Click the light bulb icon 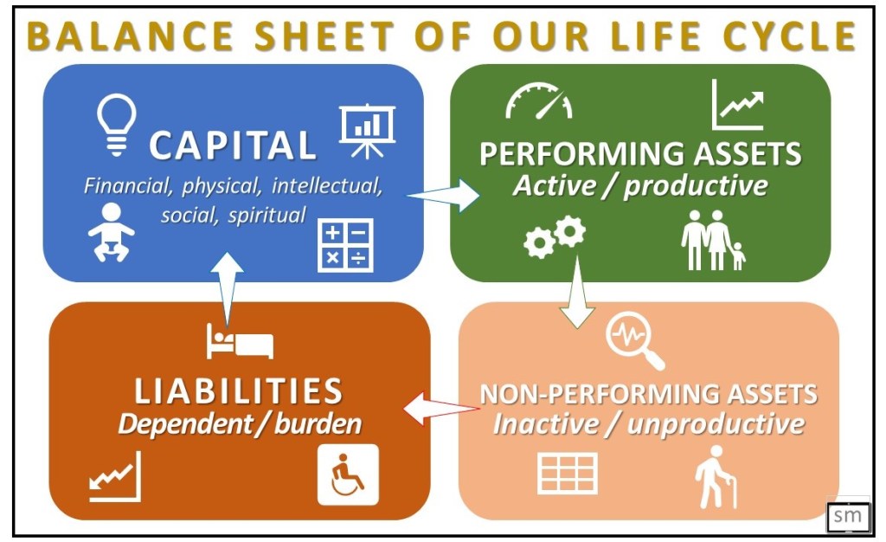tap(117, 125)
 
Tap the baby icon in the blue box tap(112, 232)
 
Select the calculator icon tap(345, 245)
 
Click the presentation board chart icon tap(367, 131)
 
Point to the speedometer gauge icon tap(538, 101)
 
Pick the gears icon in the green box tap(555, 237)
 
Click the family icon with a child tap(713, 240)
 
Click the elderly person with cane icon tap(716, 477)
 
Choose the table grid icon tap(568, 473)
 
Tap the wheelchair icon tap(348, 474)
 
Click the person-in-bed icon tap(240, 341)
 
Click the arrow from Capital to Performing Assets tap(444, 196)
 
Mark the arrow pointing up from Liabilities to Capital tap(228, 289)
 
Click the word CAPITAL tap(232, 145)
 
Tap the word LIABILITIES tap(239, 391)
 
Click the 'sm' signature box tap(848, 515)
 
